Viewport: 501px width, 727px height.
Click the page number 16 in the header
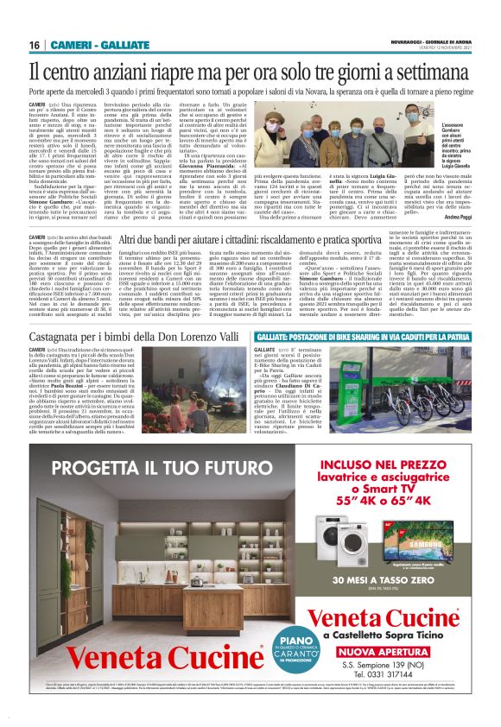point(35,45)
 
